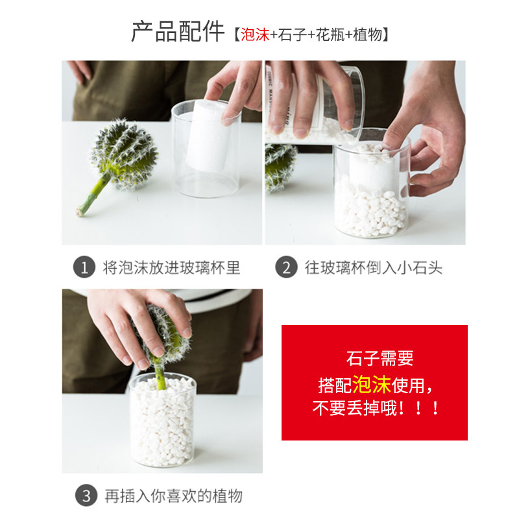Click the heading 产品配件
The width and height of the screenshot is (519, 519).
[x=178, y=32]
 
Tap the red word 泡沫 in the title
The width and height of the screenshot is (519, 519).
[x=255, y=35]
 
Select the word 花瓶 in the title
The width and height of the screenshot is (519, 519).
[x=330, y=35]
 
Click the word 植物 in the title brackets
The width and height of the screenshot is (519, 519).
[x=368, y=35]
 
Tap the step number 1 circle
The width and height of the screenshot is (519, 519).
[x=84, y=267]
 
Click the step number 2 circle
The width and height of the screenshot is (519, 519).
[x=286, y=267]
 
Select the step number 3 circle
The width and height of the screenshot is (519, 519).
[x=86, y=496]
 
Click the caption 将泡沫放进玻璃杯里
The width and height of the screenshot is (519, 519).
[x=171, y=267]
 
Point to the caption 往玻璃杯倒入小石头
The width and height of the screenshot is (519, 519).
[x=374, y=267]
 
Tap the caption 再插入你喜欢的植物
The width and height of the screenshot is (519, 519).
[x=174, y=496]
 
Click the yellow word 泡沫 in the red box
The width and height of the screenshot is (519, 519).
[x=372, y=384]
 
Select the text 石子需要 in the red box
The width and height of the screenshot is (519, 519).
[x=380, y=359]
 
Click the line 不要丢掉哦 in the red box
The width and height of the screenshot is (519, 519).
[x=376, y=408]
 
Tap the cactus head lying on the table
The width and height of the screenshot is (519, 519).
[x=125, y=154]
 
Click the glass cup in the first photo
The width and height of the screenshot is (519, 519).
[x=206, y=149]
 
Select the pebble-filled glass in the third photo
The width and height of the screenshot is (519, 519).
[x=163, y=420]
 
